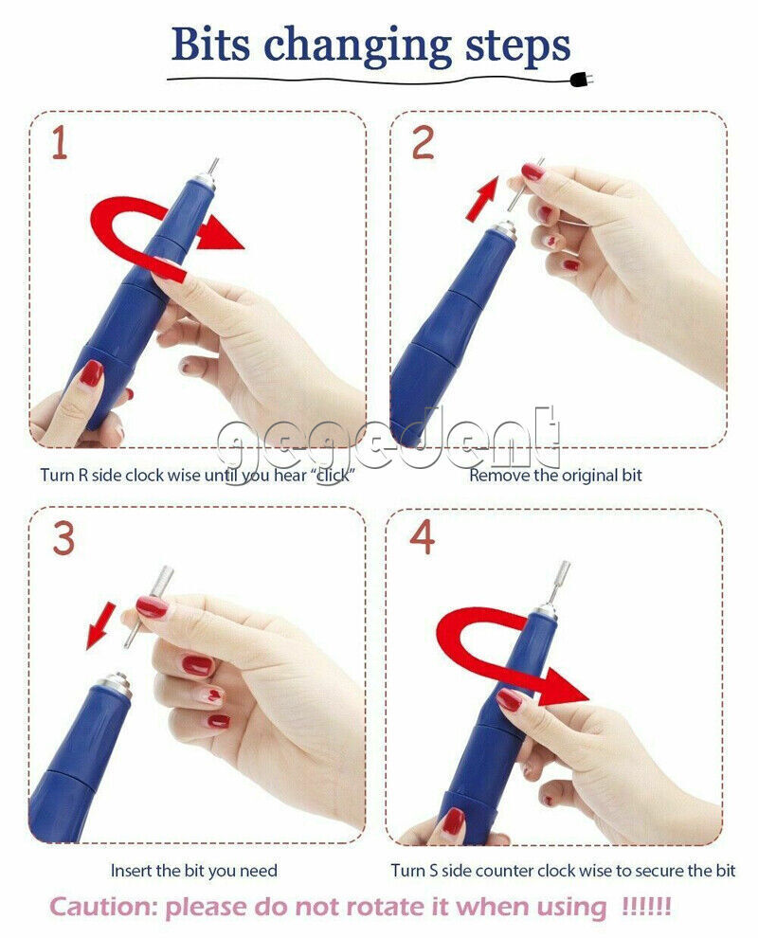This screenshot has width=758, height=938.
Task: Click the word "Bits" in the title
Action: [210, 45]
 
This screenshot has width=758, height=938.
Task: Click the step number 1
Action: [59, 143]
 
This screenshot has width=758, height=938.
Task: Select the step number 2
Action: [423, 143]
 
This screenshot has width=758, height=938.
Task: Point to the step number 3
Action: [63, 538]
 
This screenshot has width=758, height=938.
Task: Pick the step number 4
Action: [423, 538]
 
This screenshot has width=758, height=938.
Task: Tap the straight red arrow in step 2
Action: [482, 199]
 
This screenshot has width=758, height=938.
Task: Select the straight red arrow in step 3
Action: [100, 625]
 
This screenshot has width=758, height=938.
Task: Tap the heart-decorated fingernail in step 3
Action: [213, 695]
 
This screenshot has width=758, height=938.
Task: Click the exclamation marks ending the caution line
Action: [647, 905]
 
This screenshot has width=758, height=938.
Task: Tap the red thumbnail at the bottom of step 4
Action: [453, 821]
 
